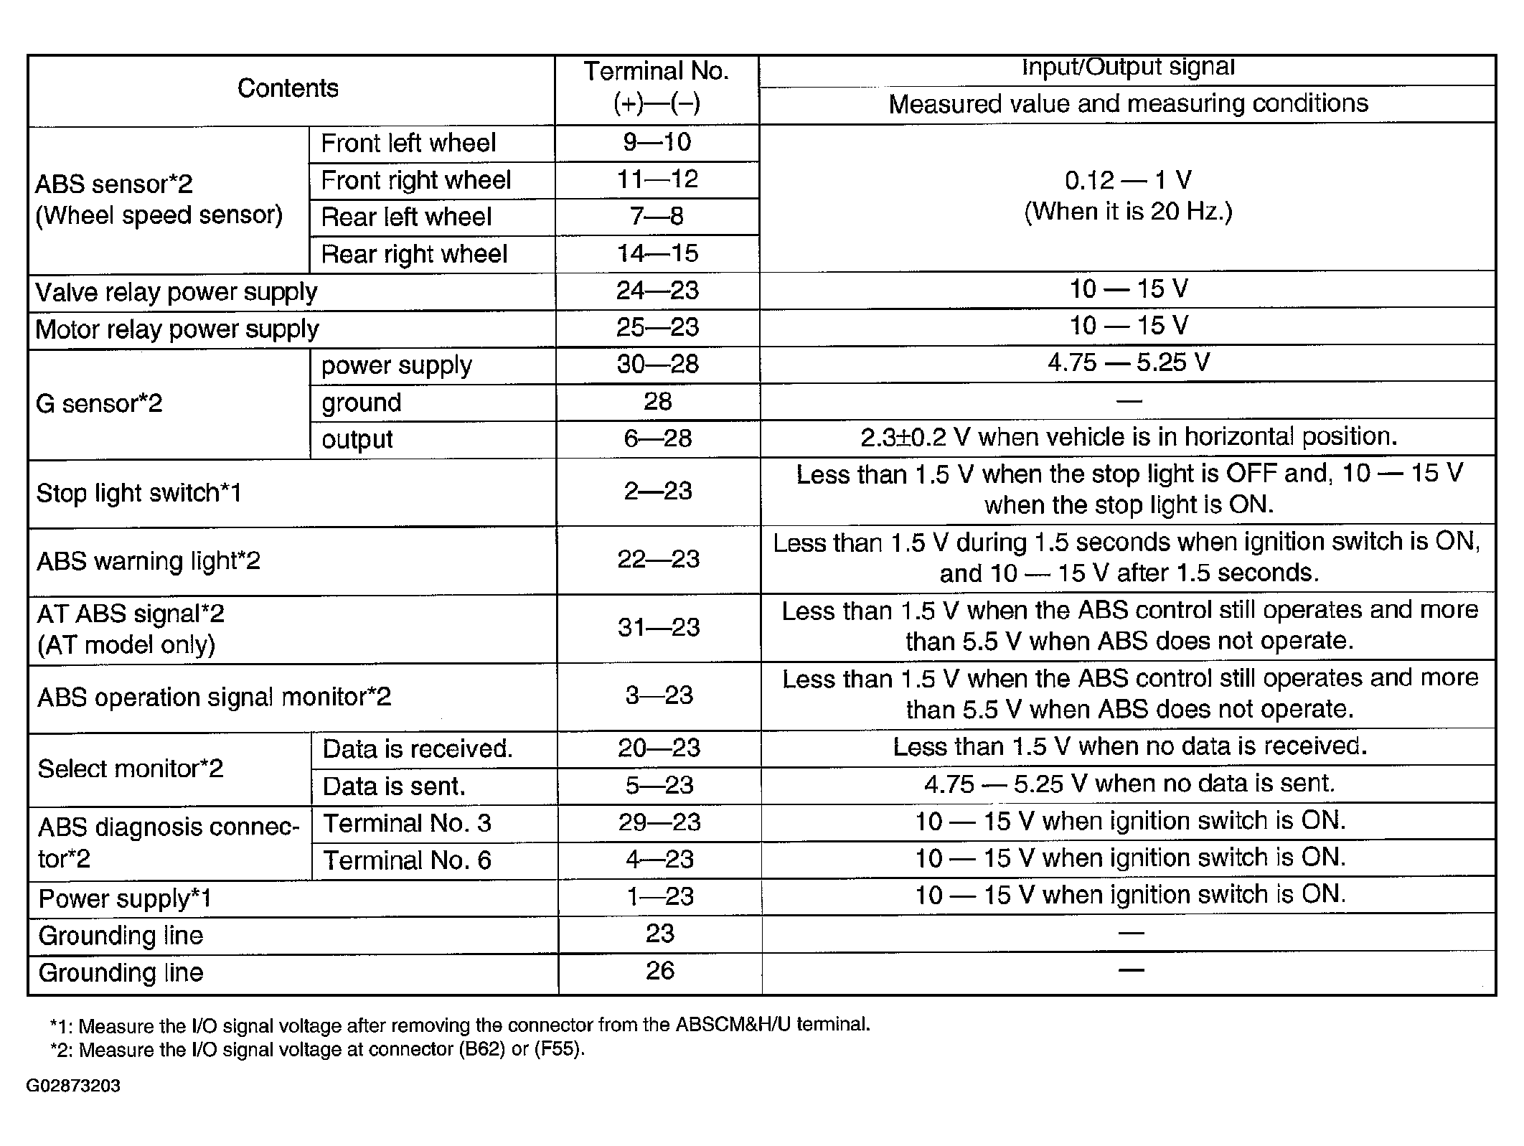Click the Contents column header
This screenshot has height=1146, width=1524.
click(x=288, y=88)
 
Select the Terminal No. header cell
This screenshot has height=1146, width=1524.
click(x=656, y=87)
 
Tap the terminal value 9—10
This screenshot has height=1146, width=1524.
click(x=657, y=142)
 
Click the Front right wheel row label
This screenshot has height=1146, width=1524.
click(x=415, y=179)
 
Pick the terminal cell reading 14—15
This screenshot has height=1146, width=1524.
click(x=657, y=253)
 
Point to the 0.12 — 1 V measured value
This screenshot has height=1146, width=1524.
click(x=1127, y=180)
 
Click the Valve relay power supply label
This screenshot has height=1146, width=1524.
click(x=176, y=292)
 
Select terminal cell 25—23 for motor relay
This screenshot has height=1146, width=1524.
click(x=657, y=327)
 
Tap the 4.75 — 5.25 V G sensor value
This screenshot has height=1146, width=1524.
click(x=1128, y=362)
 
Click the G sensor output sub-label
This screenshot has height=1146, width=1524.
click(x=357, y=439)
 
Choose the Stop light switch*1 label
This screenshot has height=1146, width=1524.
click(x=138, y=493)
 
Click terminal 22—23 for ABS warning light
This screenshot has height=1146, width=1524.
click(x=658, y=559)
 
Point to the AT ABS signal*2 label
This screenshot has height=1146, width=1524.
click(x=131, y=614)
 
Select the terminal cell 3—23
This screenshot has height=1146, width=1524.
click(x=659, y=695)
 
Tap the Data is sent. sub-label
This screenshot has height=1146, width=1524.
click(x=394, y=786)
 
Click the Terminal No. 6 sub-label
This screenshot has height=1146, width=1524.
click(x=407, y=860)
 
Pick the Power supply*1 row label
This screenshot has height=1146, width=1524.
click(x=125, y=898)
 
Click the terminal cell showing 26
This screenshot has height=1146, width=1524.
click(x=659, y=971)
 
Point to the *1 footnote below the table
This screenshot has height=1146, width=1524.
click(x=459, y=1025)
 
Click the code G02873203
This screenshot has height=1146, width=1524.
click(x=73, y=1086)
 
